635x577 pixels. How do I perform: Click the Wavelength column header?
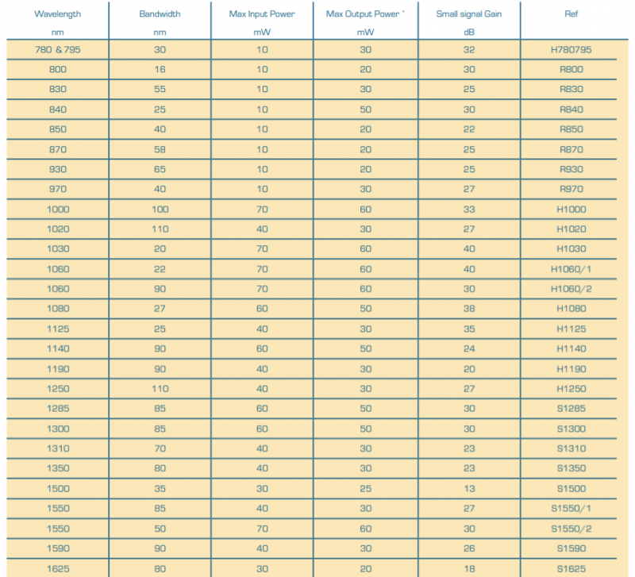58,13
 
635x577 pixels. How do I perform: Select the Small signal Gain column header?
468,13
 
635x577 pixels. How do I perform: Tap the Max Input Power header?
262,13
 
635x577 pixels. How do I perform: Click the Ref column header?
571,13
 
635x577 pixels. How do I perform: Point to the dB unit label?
468,33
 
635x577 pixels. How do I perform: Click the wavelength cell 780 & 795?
58,50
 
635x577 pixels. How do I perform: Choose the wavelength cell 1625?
58,568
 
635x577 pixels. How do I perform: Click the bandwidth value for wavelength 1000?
160,210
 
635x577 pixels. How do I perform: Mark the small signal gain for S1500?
468,489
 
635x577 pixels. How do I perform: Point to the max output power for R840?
365,110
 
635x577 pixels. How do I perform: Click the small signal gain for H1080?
468,309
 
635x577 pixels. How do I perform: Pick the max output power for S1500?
365,489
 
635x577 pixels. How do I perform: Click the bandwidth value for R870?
160,149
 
